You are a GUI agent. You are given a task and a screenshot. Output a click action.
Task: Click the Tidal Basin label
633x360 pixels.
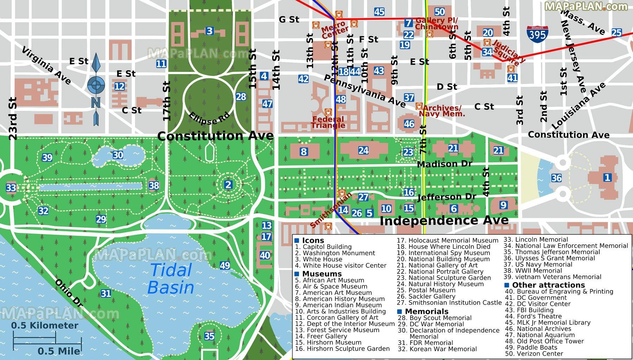(x=171, y=279)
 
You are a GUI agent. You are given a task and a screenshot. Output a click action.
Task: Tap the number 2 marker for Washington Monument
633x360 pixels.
(x=228, y=185)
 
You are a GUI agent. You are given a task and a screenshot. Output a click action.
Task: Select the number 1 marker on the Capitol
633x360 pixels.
(x=607, y=177)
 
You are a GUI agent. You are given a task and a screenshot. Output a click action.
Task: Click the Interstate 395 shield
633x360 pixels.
(x=537, y=33)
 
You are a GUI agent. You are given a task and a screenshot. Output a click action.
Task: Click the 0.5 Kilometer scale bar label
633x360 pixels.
(x=45, y=326)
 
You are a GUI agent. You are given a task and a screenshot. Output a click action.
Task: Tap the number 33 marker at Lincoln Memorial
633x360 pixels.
(x=11, y=188)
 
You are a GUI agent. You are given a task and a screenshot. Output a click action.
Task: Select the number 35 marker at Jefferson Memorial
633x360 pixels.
(x=209, y=336)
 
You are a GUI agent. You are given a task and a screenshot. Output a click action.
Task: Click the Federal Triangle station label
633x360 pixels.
(x=328, y=122)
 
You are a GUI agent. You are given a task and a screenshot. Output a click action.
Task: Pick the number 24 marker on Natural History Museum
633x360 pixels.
(x=363, y=151)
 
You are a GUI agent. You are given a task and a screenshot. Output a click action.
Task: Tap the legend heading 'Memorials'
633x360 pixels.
(x=426, y=311)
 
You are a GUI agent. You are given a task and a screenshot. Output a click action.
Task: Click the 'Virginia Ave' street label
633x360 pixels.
(x=46, y=66)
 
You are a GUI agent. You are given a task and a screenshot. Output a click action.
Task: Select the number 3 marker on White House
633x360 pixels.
(x=210, y=31)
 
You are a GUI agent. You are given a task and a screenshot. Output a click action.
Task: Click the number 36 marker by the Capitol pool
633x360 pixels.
(x=556, y=178)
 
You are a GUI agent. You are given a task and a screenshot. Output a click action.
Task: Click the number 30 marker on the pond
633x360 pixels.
(x=118, y=155)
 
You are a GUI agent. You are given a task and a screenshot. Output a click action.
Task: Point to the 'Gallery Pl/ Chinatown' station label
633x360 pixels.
(x=437, y=24)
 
